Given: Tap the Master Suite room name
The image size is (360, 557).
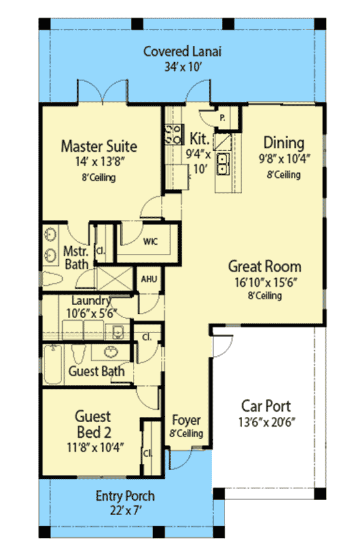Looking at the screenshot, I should click(98, 145).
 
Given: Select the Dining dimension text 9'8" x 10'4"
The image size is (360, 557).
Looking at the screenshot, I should click(283, 158).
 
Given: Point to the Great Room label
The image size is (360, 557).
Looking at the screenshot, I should click(264, 266).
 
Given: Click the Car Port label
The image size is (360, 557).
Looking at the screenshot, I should click(266, 406).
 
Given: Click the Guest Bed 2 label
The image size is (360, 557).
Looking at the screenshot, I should click(92, 423).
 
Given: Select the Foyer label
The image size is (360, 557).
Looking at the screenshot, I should click(186, 420).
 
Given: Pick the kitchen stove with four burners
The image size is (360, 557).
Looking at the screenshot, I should click(173, 134).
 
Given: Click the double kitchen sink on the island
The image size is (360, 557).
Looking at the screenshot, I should click(223, 163).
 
